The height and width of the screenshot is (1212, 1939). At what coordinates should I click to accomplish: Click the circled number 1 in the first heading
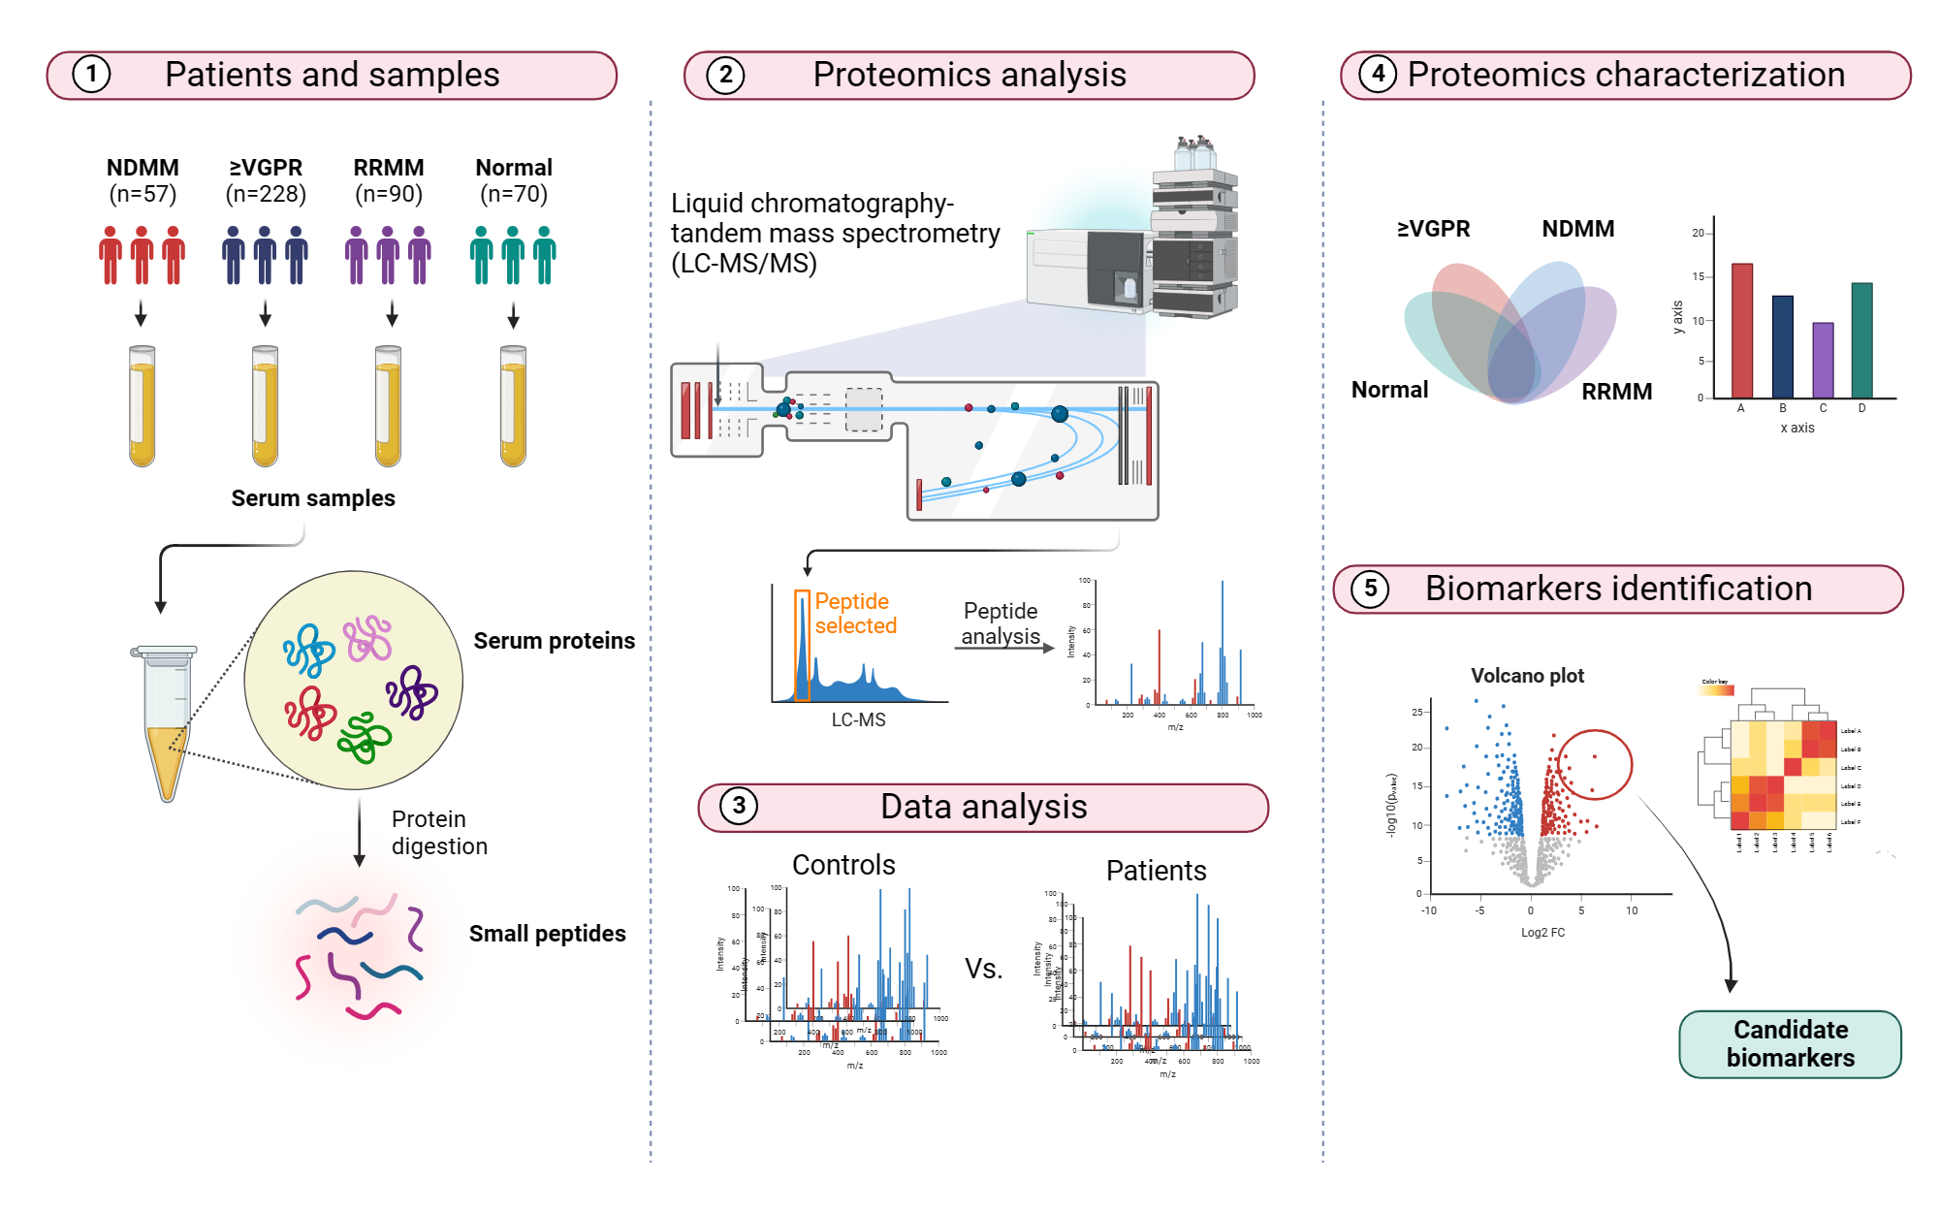tap(91, 75)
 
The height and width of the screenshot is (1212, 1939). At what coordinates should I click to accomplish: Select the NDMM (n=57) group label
tap(143, 180)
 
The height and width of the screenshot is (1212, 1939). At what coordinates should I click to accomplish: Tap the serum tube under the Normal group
tap(513, 406)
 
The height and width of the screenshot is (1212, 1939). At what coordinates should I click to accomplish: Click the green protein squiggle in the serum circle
tap(364, 738)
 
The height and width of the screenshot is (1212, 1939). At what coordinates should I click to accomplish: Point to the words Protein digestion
tap(438, 833)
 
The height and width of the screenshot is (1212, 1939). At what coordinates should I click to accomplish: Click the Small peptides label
tap(547, 934)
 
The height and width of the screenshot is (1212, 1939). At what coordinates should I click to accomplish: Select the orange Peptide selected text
tap(855, 614)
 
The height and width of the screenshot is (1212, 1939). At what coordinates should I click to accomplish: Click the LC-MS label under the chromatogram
tap(858, 719)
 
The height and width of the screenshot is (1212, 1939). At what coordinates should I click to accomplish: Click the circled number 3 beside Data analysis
tap(739, 806)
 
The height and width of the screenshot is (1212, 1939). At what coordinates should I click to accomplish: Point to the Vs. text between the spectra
tap(983, 969)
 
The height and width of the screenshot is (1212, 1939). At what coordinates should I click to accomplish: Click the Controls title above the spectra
tap(843, 865)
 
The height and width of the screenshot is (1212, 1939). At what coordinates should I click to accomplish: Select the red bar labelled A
tap(1741, 330)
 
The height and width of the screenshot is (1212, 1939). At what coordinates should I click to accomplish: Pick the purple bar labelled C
tap(1823, 360)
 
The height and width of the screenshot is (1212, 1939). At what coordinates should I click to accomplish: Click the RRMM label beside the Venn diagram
tap(1616, 392)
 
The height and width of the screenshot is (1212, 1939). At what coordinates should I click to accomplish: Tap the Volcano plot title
tap(1527, 676)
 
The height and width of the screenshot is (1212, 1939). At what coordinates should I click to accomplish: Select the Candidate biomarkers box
tap(1790, 1043)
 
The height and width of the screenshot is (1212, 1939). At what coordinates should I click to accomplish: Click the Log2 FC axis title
tap(1542, 933)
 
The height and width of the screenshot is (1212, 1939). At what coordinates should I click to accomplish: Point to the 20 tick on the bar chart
tap(1698, 233)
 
